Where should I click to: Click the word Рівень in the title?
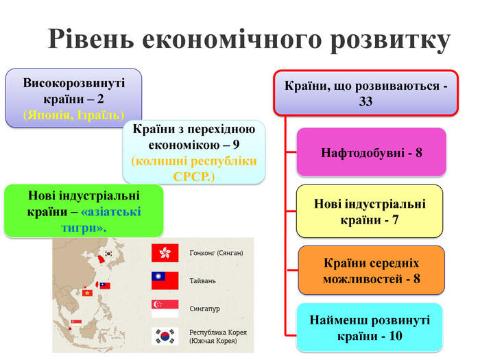pyautogui.click(x=91, y=38)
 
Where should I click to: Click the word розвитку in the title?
pyautogui.click(x=390, y=41)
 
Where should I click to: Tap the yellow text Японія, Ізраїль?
pyautogui.click(x=74, y=115)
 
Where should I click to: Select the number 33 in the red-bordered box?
pyautogui.click(x=365, y=101)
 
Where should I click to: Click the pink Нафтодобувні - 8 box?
pyautogui.click(x=372, y=152)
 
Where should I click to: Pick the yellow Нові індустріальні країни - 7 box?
pyautogui.click(x=370, y=211)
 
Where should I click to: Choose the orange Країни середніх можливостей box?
pyautogui.click(x=372, y=270)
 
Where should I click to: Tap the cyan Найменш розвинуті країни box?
pyautogui.click(x=370, y=328)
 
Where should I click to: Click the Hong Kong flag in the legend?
pyautogui.click(x=165, y=253)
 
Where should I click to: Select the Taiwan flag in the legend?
pyautogui.click(x=165, y=280)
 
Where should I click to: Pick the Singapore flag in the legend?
pyautogui.click(x=165, y=309)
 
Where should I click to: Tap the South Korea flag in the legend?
pyautogui.click(x=165, y=337)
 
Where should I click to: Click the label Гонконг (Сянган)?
pyautogui.click(x=217, y=253)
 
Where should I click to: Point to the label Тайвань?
pyautogui.click(x=203, y=280)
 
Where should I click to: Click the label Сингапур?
pyautogui.click(x=205, y=309)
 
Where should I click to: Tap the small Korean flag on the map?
pyautogui.click(x=108, y=254)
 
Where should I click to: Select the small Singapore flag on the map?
pyautogui.click(x=76, y=322)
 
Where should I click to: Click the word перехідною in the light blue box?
pyautogui.click(x=221, y=130)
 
